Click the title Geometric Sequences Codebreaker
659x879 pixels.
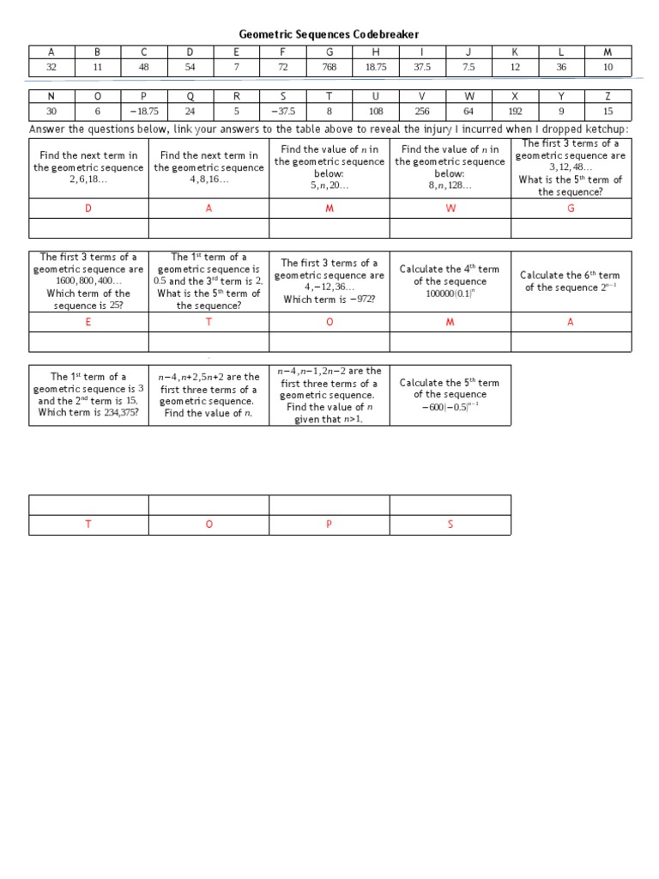[329, 34]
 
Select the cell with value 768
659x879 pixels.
[329, 67]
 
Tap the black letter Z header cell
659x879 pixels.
[608, 95]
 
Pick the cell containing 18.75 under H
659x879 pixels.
[376, 67]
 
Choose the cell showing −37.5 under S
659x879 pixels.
[283, 111]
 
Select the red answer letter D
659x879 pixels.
[88, 209]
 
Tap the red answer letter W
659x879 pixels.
[450, 209]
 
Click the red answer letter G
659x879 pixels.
[571, 209]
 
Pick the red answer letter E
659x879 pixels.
[88, 321]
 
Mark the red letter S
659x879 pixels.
[450, 524]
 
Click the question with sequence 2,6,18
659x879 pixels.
[88, 167]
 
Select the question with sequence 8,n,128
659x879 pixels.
[450, 167]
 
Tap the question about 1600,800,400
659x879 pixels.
[88, 281]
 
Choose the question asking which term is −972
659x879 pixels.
[329, 281]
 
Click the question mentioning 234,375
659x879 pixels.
[88, 394]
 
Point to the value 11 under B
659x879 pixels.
[97, 67]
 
